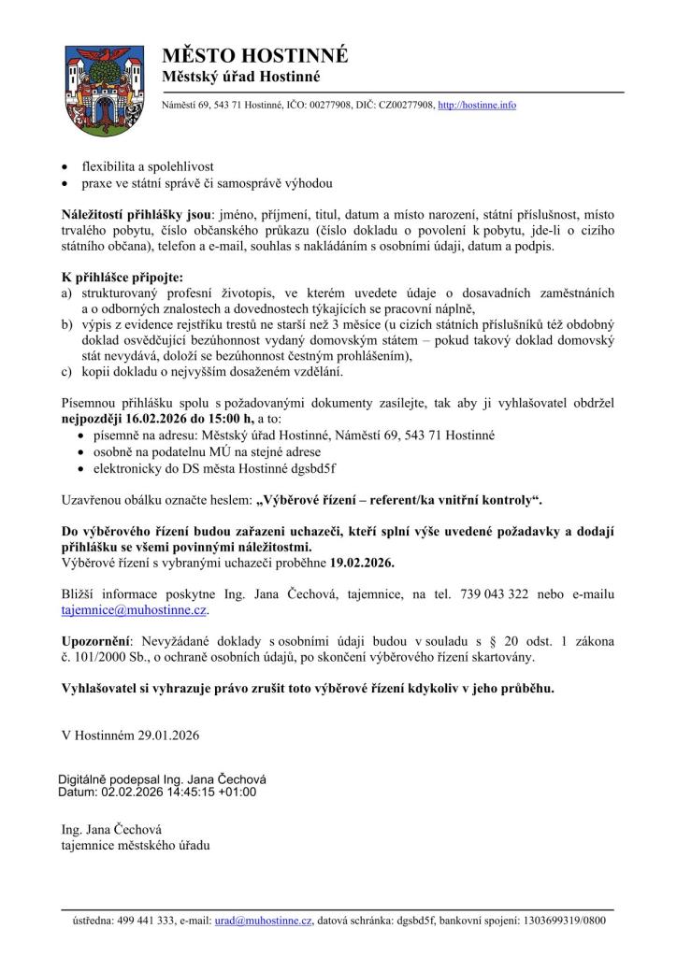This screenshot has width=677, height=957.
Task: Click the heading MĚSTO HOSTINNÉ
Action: point(254,55)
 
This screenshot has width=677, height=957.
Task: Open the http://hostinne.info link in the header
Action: point(477,106)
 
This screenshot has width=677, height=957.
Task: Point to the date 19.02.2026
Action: point(363,564)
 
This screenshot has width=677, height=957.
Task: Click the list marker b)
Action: point(66,323)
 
